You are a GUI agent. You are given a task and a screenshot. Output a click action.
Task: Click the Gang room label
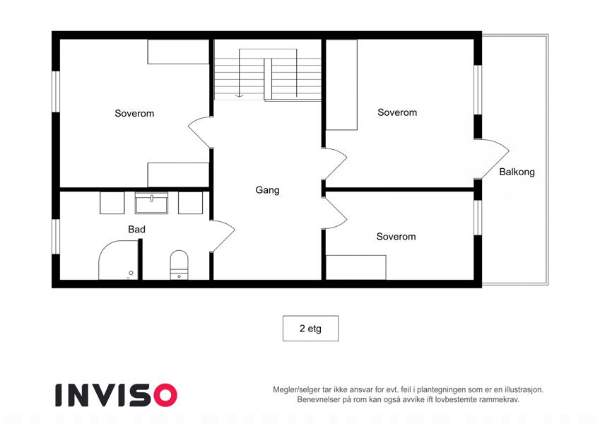click(267, 190)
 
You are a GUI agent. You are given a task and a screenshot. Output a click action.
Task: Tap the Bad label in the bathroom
click(136, 229)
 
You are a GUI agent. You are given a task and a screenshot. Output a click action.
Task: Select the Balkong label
click(517, 172)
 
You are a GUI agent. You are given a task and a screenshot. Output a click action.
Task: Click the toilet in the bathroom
click(179, 264)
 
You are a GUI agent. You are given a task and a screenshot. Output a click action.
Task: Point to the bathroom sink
click(151, 203)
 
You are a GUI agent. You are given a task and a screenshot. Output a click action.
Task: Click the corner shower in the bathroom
click(119, 260)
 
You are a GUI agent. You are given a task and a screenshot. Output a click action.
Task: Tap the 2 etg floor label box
click(310, 329)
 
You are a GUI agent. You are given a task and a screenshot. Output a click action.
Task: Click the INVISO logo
click(116, 395)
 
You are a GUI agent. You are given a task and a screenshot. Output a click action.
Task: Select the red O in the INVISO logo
click(165, 395)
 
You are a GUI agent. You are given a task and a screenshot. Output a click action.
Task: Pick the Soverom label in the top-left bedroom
click(134, 113)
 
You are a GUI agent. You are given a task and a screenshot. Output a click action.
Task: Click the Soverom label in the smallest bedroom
click(396, 237)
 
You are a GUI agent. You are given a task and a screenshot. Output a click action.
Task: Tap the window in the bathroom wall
click(57, 237)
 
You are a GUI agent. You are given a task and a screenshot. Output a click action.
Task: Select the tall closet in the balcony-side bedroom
click(341, 85)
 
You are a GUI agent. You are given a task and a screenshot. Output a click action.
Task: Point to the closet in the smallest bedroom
click(356, 268)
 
